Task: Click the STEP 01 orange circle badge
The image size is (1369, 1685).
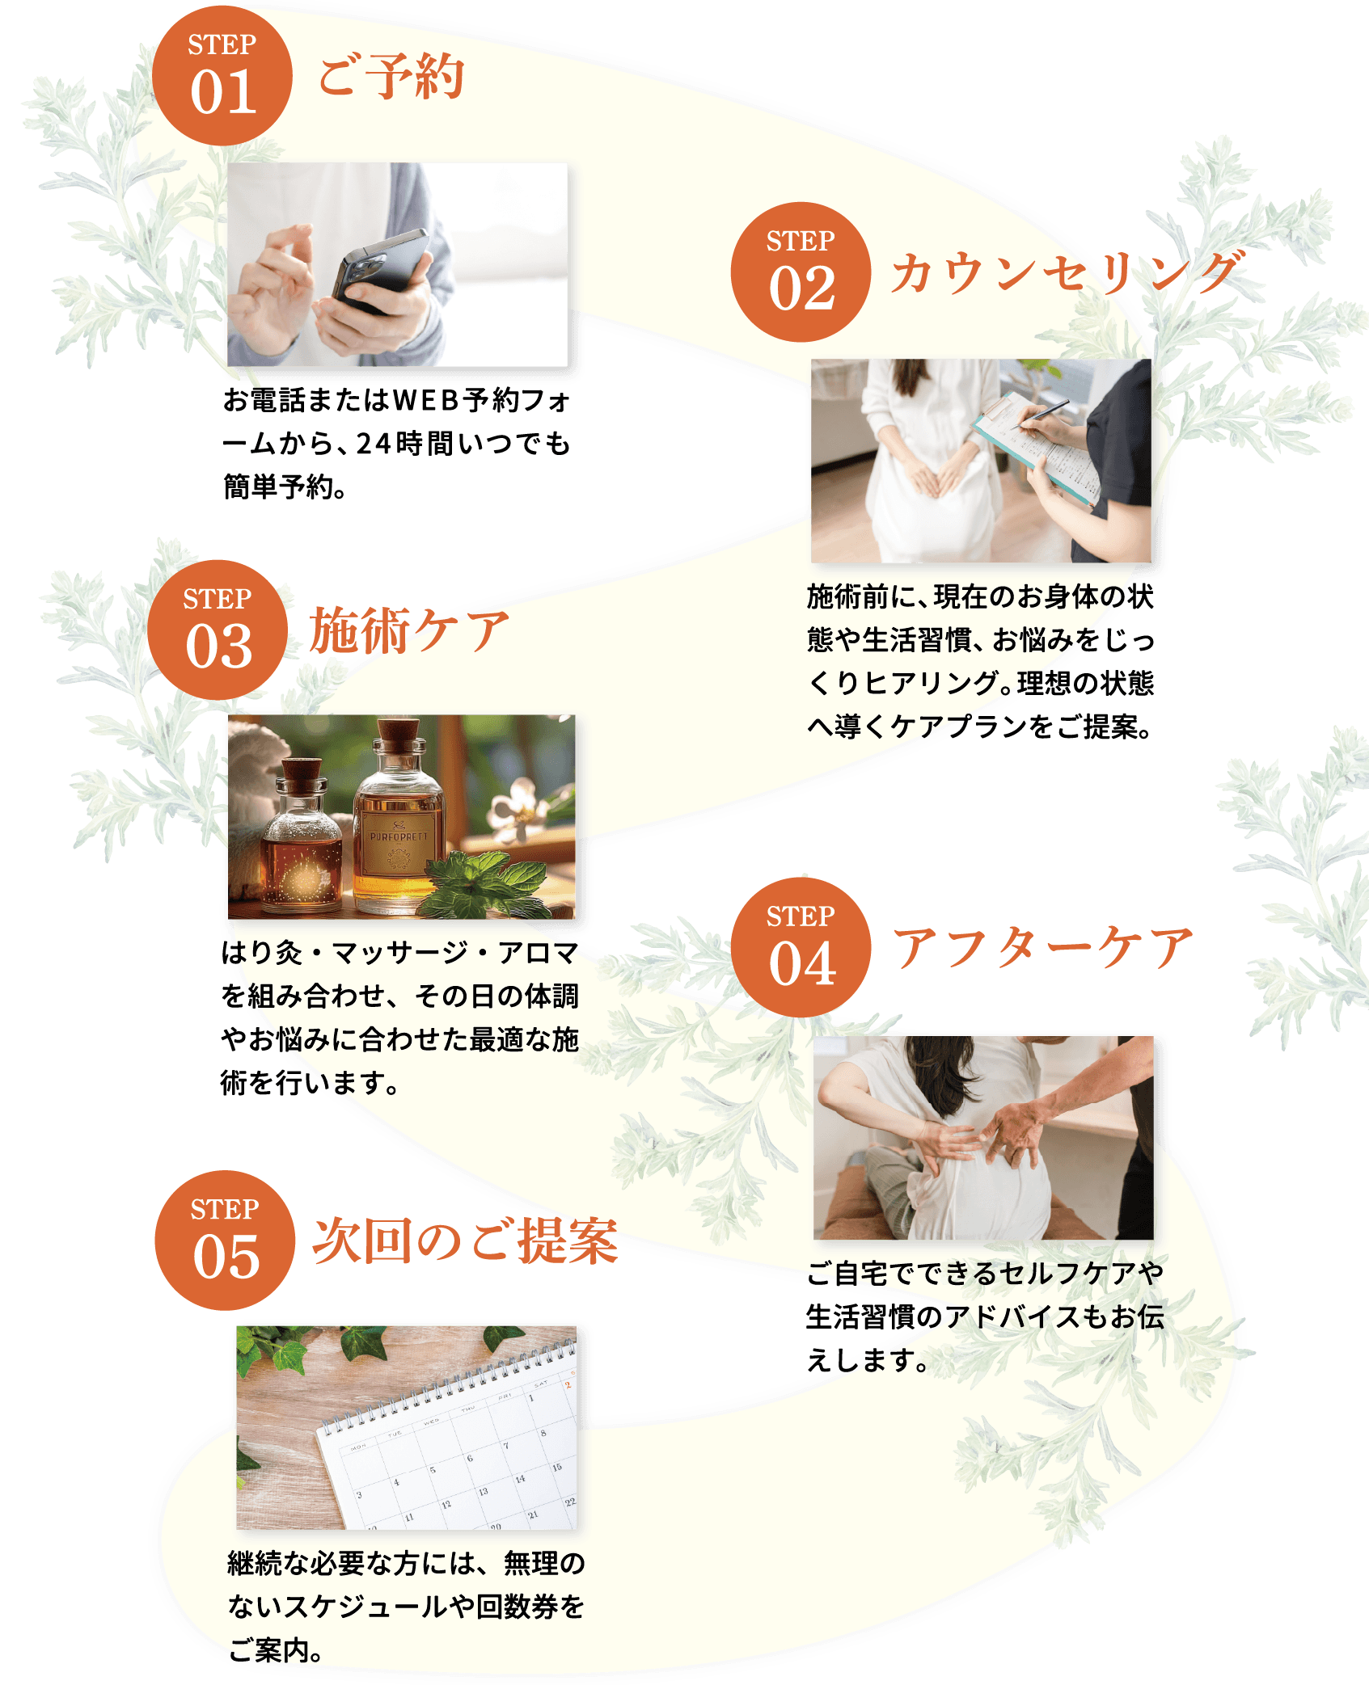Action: click(222, 76)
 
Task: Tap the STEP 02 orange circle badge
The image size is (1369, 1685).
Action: click(801, 272)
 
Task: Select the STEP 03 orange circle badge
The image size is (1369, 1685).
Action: click(218, 630)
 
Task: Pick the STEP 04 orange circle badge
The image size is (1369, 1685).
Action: click(801, 948)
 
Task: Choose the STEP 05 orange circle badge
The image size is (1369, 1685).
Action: click(225, 1241)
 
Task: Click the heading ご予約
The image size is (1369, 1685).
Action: click(391, 77)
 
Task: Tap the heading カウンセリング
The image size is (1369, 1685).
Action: click(1067, 272)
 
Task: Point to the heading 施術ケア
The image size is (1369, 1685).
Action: click(409, 630)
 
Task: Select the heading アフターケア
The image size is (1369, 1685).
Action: click(1043, 948)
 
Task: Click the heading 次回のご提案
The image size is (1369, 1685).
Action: click(466, 1241)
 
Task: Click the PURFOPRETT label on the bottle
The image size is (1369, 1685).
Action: click(399, 836)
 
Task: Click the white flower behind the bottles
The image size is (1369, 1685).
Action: click(518, 808)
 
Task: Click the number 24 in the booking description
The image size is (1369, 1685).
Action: click(374, 444)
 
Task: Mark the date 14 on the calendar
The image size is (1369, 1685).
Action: click(520, 1479)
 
